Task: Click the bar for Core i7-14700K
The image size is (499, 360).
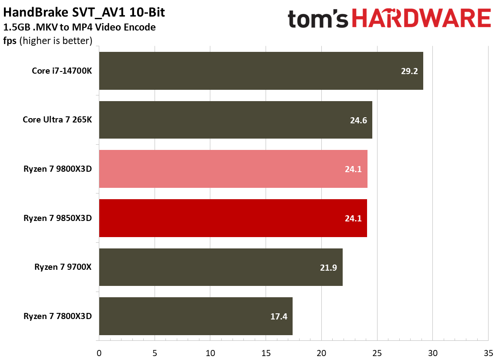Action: [261, 71]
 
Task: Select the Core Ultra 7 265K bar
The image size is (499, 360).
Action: [236, 120]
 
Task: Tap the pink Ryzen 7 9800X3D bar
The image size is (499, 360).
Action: [233, 169]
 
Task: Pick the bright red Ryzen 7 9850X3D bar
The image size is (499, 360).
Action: [233, 218]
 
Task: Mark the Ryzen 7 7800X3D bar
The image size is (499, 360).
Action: [196, 316]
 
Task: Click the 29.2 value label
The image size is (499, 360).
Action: [409, 71]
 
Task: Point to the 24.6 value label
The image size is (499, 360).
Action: [358, 120]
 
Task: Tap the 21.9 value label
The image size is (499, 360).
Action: [328, 267]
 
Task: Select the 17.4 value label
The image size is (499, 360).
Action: [279, 316]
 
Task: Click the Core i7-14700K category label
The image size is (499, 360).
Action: [62, 71]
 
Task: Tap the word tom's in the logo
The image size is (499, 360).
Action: [318, 19]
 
